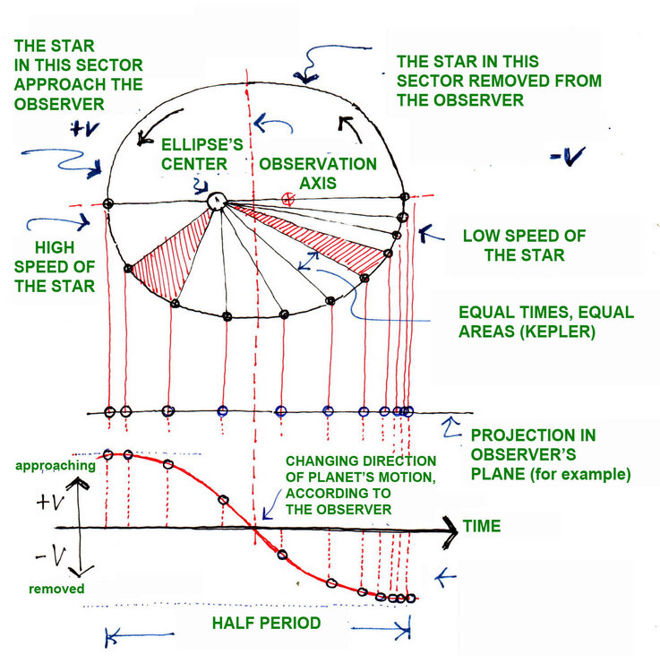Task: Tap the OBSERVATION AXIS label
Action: pos(318,176)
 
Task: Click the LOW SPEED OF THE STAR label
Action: pos(524,246)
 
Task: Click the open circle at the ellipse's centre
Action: pos(216,202)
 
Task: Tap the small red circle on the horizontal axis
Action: pos(288,200)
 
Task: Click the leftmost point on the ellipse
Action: pos(107,203)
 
